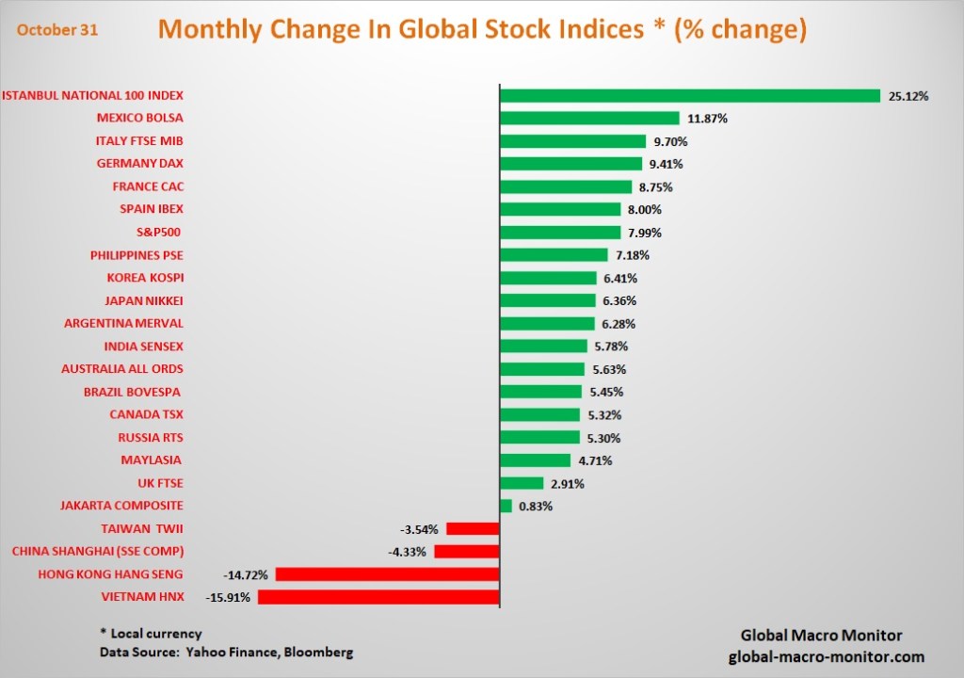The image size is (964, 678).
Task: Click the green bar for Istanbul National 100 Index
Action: [689, 95]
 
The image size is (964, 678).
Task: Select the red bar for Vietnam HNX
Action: [378, 597]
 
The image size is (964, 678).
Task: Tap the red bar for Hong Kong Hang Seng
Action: [387, 574]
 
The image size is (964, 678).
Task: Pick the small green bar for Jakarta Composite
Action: [506, 506]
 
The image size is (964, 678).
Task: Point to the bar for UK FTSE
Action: [522, 483]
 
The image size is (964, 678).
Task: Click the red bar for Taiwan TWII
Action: [473, 529]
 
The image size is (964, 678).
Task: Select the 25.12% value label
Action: [908, 96]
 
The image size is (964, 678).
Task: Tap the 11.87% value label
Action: [707, 119]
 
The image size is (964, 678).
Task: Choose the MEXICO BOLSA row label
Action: [139, 119]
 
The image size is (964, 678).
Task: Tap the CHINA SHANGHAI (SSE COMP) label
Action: [97, 552]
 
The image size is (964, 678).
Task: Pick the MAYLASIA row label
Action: [152, 460]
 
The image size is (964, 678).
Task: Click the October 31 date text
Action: [56, 29]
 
